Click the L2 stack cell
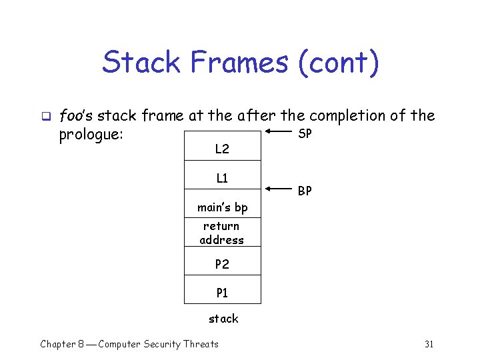pos(222,149)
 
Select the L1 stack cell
pos(222,178)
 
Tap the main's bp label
pos(222,208)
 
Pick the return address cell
pos(222,233)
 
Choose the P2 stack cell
pos(222,265)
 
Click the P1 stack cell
pos(222,292)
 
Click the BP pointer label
pos(305,191)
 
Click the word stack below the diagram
pos(223,319)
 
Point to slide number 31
pos(429,344)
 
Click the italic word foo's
pos(77,116)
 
